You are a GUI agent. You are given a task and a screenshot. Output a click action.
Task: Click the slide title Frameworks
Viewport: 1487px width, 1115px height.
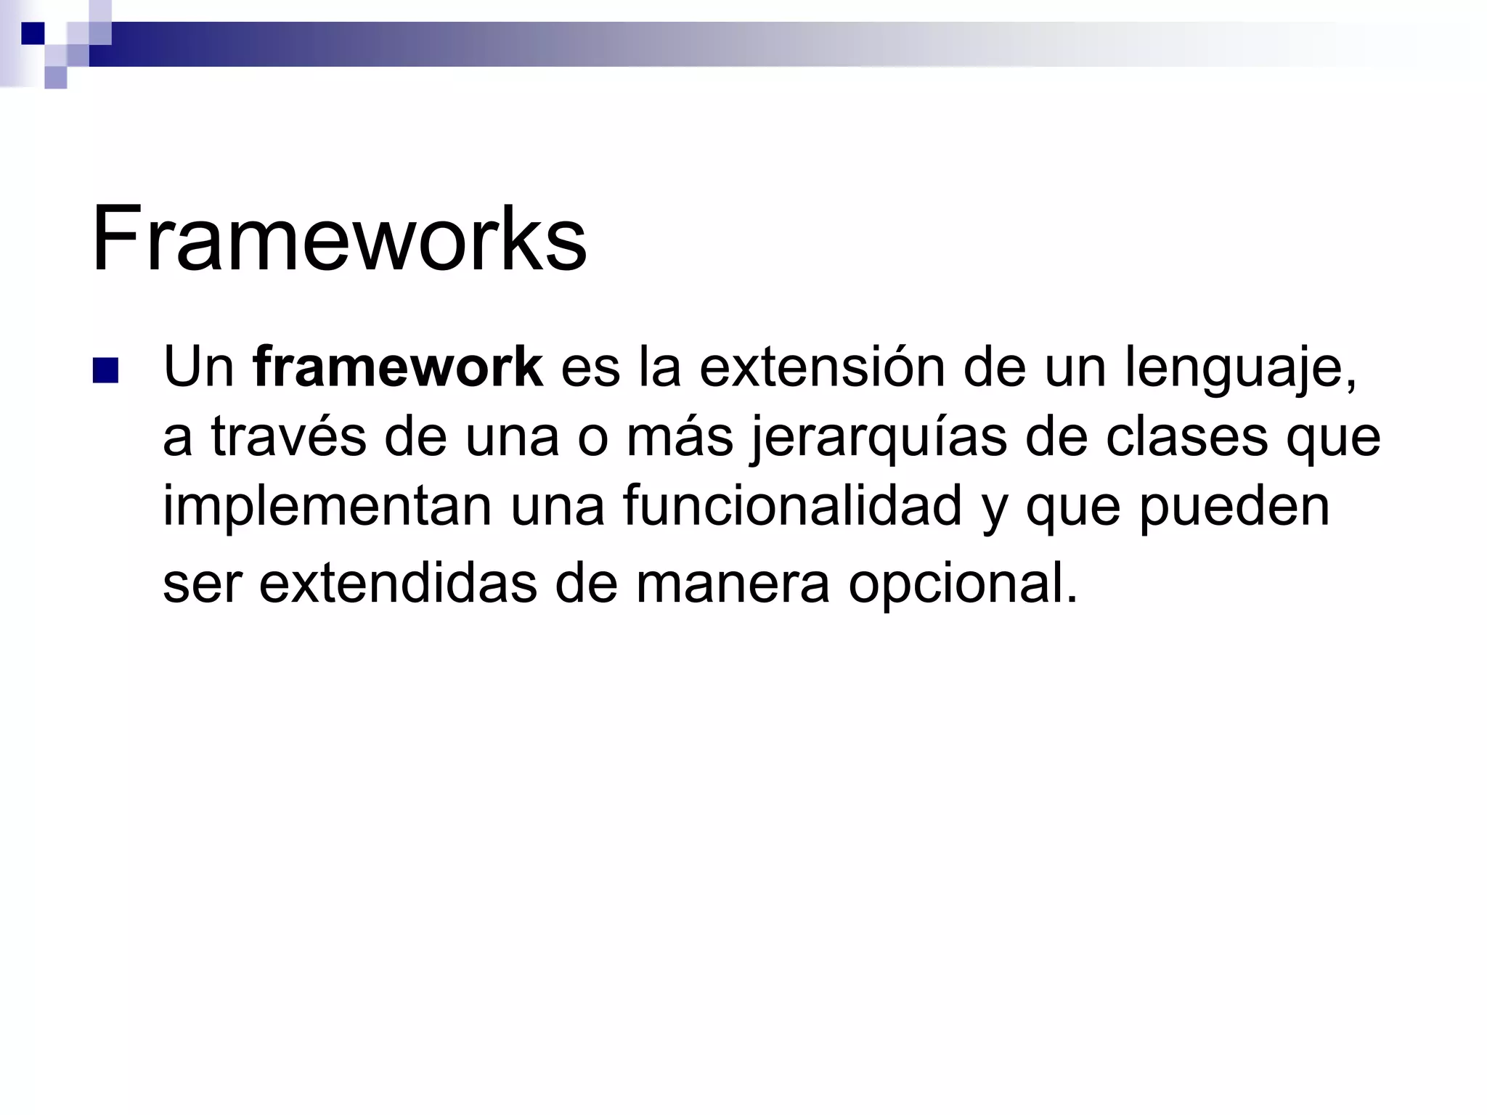click(x=339, y=239)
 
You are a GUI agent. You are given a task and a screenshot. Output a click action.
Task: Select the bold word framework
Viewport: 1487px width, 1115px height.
click(x=398, y=367)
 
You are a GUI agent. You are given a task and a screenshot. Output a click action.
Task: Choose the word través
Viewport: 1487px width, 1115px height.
click(x=288, y=437)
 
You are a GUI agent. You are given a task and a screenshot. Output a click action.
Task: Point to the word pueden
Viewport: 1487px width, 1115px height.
click(x=1234, y=508)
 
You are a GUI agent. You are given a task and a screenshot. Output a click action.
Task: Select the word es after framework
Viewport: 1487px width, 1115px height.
click(x=590, y=367)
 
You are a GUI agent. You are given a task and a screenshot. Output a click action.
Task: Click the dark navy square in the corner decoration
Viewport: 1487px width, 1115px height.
click(x=33, y=33)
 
